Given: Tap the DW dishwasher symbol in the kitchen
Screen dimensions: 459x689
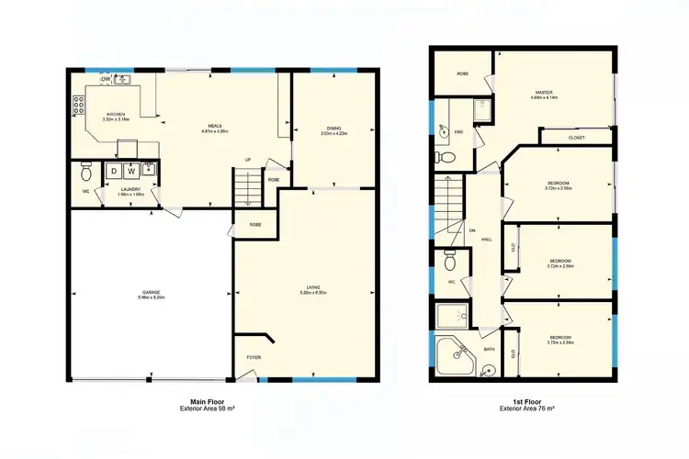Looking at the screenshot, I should pos(107,80).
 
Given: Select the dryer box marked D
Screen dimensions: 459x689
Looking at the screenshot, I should pos(114,171).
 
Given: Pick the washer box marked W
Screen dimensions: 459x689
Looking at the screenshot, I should pos(131,171).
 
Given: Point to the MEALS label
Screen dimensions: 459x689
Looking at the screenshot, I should pos(214,126).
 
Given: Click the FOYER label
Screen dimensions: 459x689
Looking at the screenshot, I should pos(253,356).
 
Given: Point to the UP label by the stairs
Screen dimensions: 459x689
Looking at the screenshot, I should pos(247,160).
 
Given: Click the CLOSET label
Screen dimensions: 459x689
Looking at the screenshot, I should pos(576,138).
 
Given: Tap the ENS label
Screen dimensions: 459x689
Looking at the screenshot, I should pos(458,132).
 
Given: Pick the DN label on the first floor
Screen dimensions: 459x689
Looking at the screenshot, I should pos(471,229).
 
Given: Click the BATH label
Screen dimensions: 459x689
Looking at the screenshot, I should pos(490,349).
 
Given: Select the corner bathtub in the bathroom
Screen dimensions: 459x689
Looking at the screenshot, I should pos(453,356).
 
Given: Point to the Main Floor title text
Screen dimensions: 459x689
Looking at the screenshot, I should pos(210,402).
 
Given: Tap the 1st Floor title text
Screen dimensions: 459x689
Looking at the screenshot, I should pos(526,402).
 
